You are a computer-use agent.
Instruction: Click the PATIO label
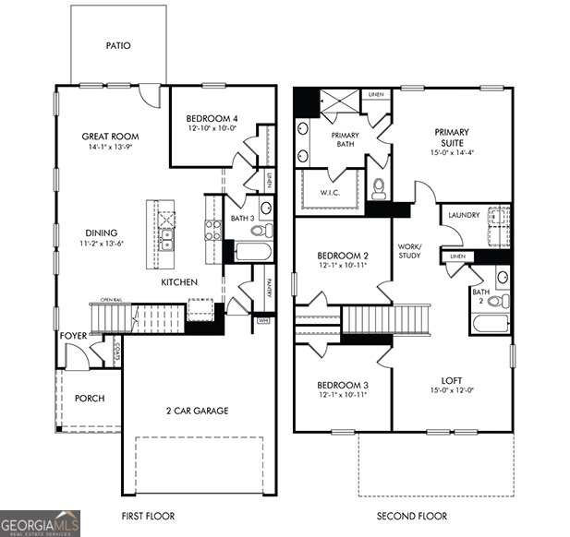pos(117,44)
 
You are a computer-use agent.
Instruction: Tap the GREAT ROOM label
pos(109,137)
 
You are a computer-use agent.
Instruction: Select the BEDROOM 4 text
pos(212,119)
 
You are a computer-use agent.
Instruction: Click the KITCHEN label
pos(179,281)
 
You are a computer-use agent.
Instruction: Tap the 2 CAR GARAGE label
pos(197,410)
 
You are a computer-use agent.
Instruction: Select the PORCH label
pos(90,399)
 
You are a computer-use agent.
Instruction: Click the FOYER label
pos(73,336)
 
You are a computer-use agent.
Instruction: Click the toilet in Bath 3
pos(262,230)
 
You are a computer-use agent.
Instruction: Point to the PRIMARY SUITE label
pos(452,137)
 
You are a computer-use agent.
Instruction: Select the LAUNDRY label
pos(463,215)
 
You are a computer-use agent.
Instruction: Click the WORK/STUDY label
pos(409,251)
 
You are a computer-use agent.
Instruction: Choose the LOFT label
pos(451,379)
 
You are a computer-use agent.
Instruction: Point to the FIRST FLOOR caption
pos(148,516)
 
